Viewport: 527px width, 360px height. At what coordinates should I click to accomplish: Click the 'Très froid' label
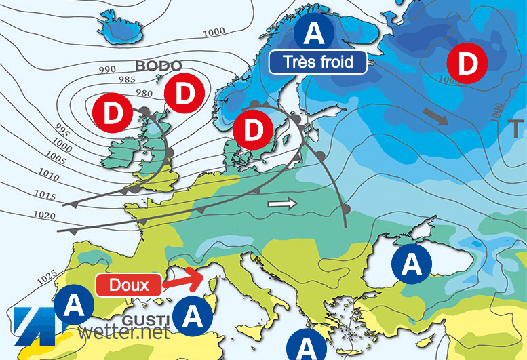click(318, 62)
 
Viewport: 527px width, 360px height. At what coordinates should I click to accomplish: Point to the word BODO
click(158, 66)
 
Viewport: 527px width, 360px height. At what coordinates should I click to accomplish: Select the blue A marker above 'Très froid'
click(314, 31)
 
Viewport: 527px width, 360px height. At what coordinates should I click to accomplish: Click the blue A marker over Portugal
click(73, 306)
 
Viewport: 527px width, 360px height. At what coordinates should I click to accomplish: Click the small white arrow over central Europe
click(283, 203)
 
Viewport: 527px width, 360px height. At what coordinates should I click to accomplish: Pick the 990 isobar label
click(107, 70)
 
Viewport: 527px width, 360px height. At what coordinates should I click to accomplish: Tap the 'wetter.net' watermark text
click(123, 332)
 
